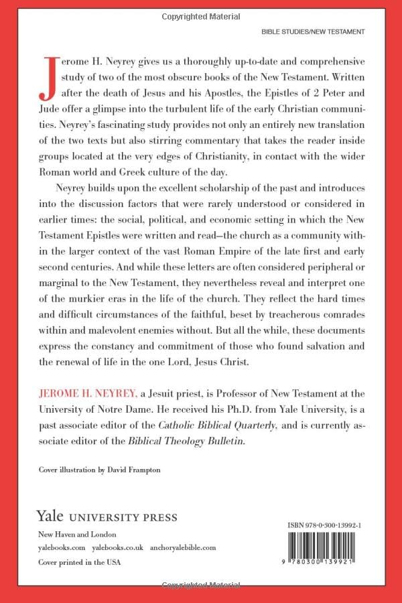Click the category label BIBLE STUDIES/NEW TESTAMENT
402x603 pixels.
pos(312,31)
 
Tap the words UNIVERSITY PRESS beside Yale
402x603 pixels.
pos(125,518)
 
